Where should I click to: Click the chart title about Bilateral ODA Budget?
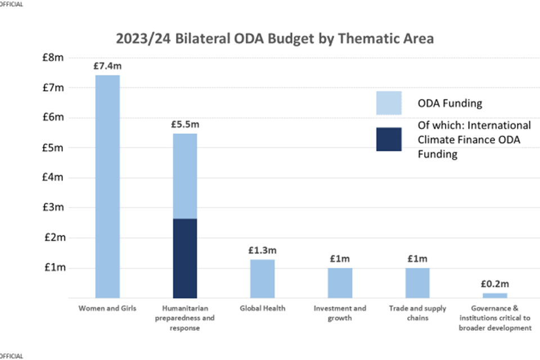(x=275, y=39)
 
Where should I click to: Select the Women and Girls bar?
(x=107, y=186)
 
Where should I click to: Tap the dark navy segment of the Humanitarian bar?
(x=184, y=258)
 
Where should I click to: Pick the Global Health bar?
(x=262, y=278)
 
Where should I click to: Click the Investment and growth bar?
(x=340, y=282)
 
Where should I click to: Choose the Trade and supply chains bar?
(x=417, y=282)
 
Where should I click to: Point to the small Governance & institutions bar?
(x=494, y=295)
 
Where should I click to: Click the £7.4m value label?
(x=107, y=66)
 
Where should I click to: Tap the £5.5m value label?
(x=184, y=125)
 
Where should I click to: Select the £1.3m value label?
(x=262, y=250)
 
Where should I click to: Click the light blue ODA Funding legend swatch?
(x=389, y=103)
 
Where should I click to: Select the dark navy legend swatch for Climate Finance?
(x=389, y=139)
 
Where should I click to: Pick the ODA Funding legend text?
(x=450, y=103)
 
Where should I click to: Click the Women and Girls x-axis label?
(x=107, y=308)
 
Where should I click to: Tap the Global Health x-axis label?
(x=262, y=308)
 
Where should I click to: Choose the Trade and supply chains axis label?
(x=417, y=313)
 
